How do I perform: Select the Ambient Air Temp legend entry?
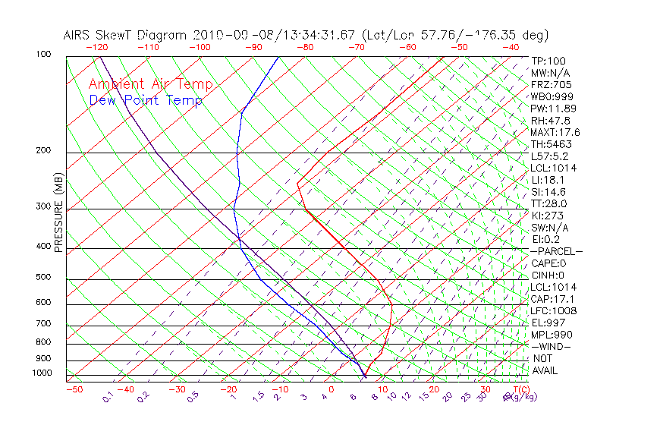(150, 84)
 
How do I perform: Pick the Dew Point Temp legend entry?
(146, 100)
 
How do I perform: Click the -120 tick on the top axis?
(96, 47)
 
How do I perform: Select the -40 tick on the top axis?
(511, 47)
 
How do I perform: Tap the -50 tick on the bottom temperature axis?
(74, 389)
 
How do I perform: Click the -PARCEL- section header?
(556, 251)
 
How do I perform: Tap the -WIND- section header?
(552, 346)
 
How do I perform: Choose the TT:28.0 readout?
(548, 203)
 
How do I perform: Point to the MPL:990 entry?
(551, 334)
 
